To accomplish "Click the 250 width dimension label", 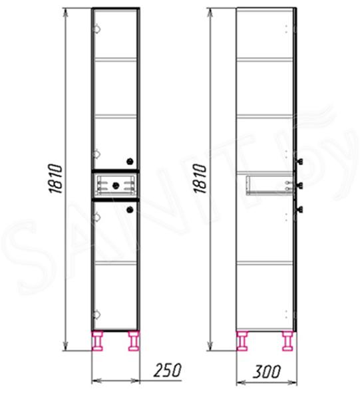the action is [168, 370].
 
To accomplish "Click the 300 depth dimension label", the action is [266, 371].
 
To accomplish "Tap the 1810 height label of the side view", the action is [200, 179].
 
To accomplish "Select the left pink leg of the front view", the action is [98, 340].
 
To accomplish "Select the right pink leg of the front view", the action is [134, 340].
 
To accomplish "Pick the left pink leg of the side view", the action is [242, 340].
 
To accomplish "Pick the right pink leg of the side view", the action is [287, 340].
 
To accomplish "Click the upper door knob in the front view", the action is [130, 161].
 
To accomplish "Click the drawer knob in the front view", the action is [116, 186].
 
